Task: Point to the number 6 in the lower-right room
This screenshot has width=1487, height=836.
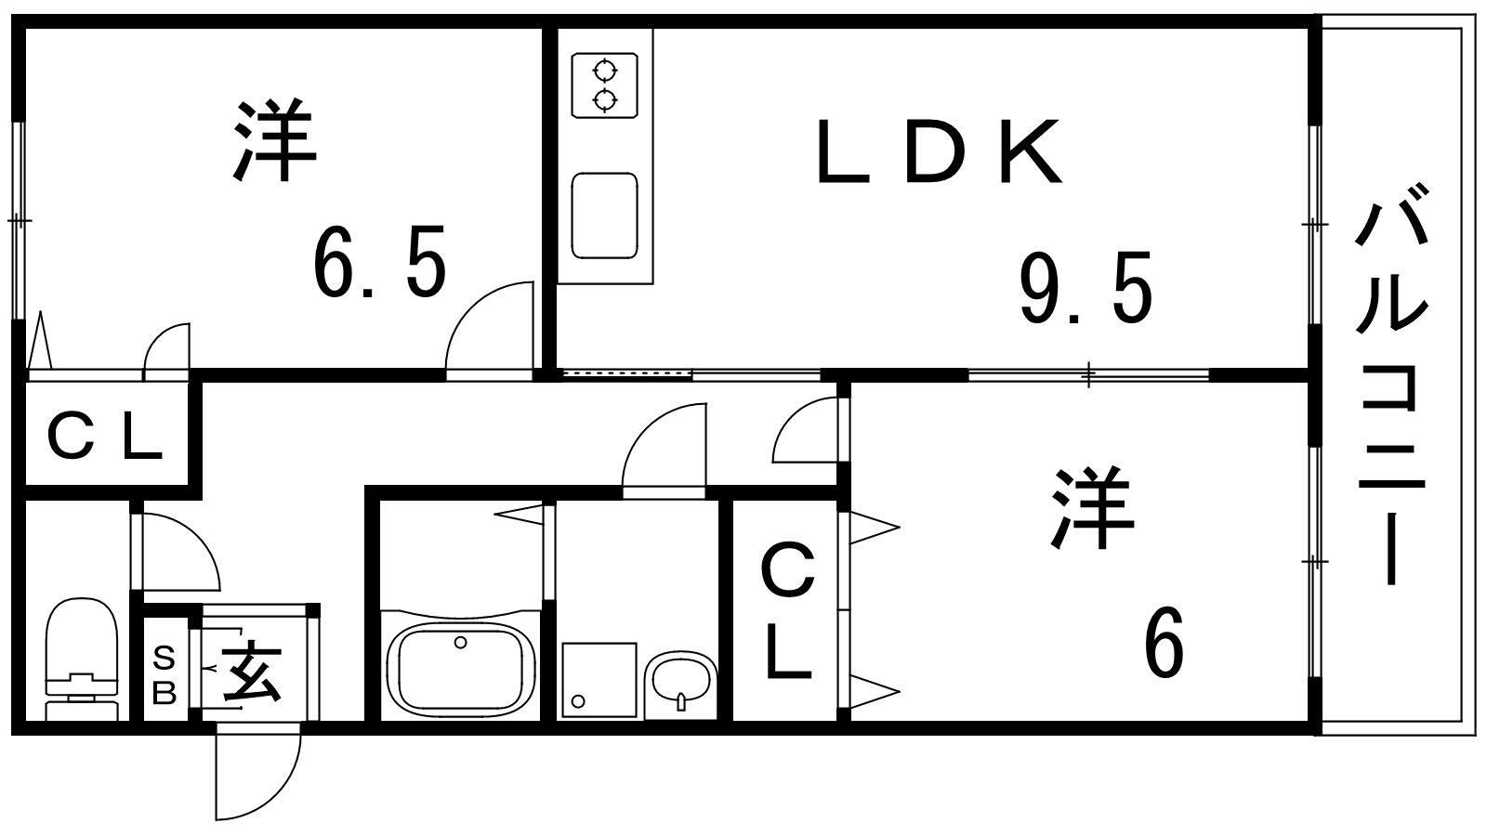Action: [1164, 642]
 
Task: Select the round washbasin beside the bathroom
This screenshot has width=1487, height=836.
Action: [680, 684]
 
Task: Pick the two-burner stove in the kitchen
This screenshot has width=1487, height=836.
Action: [604, 85]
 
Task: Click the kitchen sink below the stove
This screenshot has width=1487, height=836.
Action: [604, 216]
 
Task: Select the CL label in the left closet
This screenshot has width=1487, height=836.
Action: [105, 436]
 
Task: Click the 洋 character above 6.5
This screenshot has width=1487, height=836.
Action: [275, 140]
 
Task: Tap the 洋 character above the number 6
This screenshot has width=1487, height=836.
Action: [1093, 508]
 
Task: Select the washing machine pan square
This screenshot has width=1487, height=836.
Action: [599, 679]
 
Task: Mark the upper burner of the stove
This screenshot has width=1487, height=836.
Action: [605, 69]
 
